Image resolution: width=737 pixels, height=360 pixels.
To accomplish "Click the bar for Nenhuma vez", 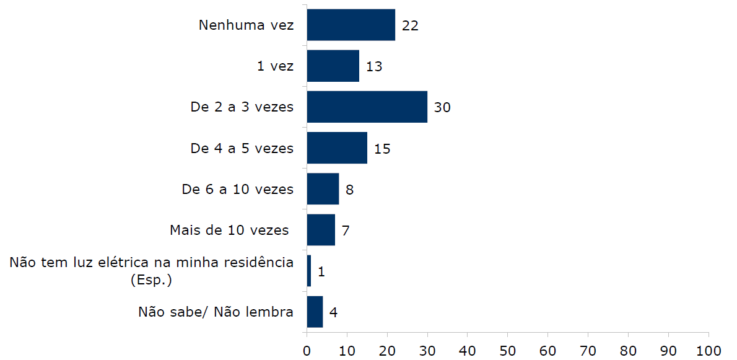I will (351, 25).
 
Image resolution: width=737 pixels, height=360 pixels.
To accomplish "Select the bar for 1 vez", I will (333, 66).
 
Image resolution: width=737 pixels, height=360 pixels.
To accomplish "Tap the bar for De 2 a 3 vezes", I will (367, 107).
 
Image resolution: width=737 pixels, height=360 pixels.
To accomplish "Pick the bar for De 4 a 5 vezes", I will (337, 147).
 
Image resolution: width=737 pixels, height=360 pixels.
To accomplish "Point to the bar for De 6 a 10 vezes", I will (323, 188).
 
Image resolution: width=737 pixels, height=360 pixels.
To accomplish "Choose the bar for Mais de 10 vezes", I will (321, 229).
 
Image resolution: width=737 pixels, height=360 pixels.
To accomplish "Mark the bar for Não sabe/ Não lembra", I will (315, 311).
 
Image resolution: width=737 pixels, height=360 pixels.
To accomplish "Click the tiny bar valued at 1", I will (309, 270).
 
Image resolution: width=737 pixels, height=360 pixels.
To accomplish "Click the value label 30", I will (442, 107).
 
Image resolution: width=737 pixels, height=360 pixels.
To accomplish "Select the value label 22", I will (410, 25).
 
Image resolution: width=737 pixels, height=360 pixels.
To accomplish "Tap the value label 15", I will (382, 148).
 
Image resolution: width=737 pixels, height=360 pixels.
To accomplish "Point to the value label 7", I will (346, 230).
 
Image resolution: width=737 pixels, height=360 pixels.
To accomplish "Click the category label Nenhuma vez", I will (246, 25).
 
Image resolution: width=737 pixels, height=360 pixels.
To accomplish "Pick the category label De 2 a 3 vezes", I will (242, 107).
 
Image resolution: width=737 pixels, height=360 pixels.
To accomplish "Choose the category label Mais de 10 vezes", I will (229, 230).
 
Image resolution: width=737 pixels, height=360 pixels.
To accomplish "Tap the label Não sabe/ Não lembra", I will (216, 312).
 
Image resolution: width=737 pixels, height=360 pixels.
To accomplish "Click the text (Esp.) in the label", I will (151, 279).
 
